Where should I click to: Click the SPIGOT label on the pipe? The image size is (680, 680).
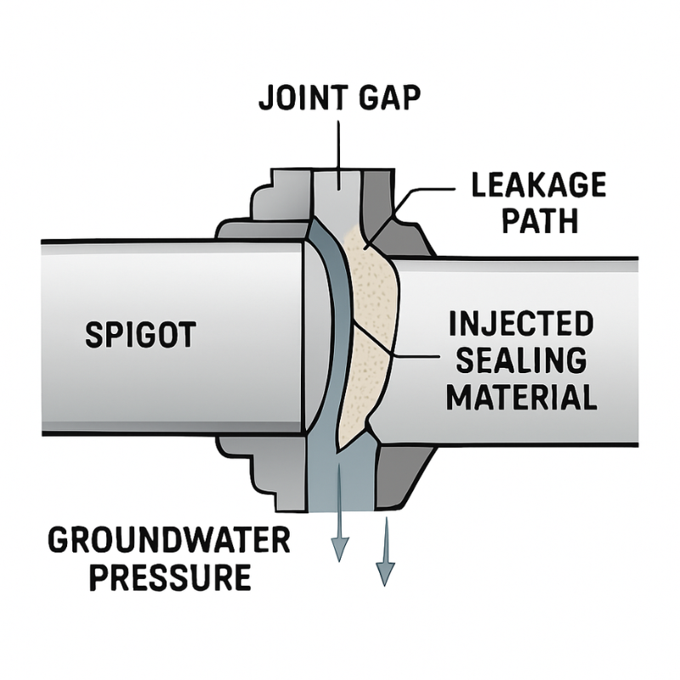pos(140,335)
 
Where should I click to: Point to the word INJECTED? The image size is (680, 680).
pos(519,325)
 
